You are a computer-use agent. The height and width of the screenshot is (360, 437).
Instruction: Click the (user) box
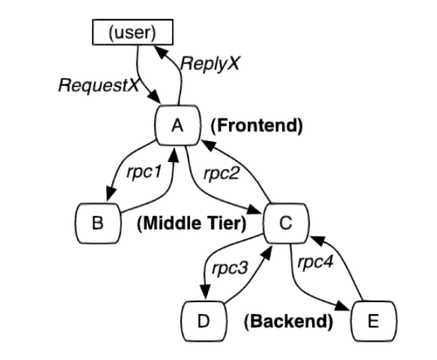click(132, 32)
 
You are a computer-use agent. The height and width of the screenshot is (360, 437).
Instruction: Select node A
click(178, 125)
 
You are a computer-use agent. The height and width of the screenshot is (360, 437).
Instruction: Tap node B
click(98, 223)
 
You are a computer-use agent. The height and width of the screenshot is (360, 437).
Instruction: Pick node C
click(286, 223)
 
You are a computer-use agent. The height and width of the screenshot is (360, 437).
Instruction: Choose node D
click(204, 321)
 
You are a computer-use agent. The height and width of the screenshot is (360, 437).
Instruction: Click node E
click(374, 321)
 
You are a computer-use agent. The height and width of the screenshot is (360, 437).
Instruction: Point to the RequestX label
click(99, 85)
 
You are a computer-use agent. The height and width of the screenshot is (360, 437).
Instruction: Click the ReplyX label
click(210, 63)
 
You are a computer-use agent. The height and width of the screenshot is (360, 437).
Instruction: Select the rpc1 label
click(144, 172)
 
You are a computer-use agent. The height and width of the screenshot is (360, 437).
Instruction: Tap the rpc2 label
click(222, 174)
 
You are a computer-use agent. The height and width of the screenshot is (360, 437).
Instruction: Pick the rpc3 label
click(230, 268)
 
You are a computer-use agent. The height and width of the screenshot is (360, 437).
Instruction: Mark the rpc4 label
click(315, 262)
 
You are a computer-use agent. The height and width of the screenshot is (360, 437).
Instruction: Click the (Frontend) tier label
click(257, 126)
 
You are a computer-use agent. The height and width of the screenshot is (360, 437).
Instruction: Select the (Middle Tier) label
click(192, 224)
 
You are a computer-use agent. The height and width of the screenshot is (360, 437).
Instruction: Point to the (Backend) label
click(288, 322)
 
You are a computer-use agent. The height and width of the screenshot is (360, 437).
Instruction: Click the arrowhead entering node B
click(111, 193)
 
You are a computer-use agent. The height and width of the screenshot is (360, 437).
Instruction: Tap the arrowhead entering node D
click(205, 292)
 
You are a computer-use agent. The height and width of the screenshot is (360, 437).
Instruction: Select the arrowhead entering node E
click(342, 306)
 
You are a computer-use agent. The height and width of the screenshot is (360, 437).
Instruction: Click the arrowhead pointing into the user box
click(161, 51)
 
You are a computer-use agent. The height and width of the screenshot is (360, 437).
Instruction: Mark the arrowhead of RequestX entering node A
click(154, 97)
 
